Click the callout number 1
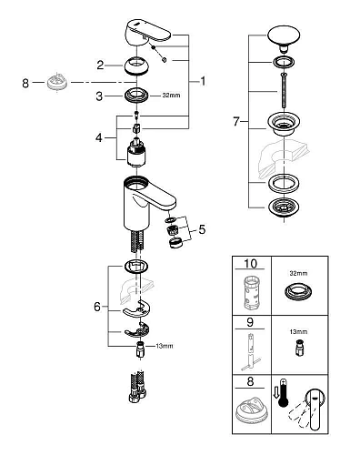pyautogui.click(x=204, y=81)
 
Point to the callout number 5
pyautogui.click(x=202, y=230)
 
